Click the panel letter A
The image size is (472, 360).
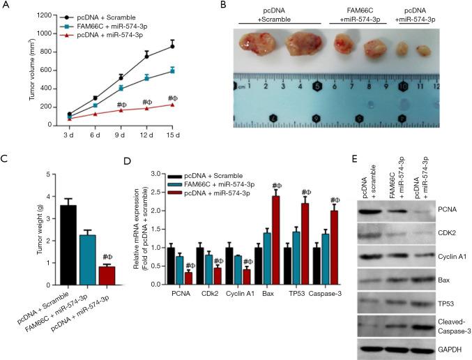[6, 7]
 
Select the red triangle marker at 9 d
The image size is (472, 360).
[121, 110]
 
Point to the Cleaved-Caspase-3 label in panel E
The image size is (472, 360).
[446, 326]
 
